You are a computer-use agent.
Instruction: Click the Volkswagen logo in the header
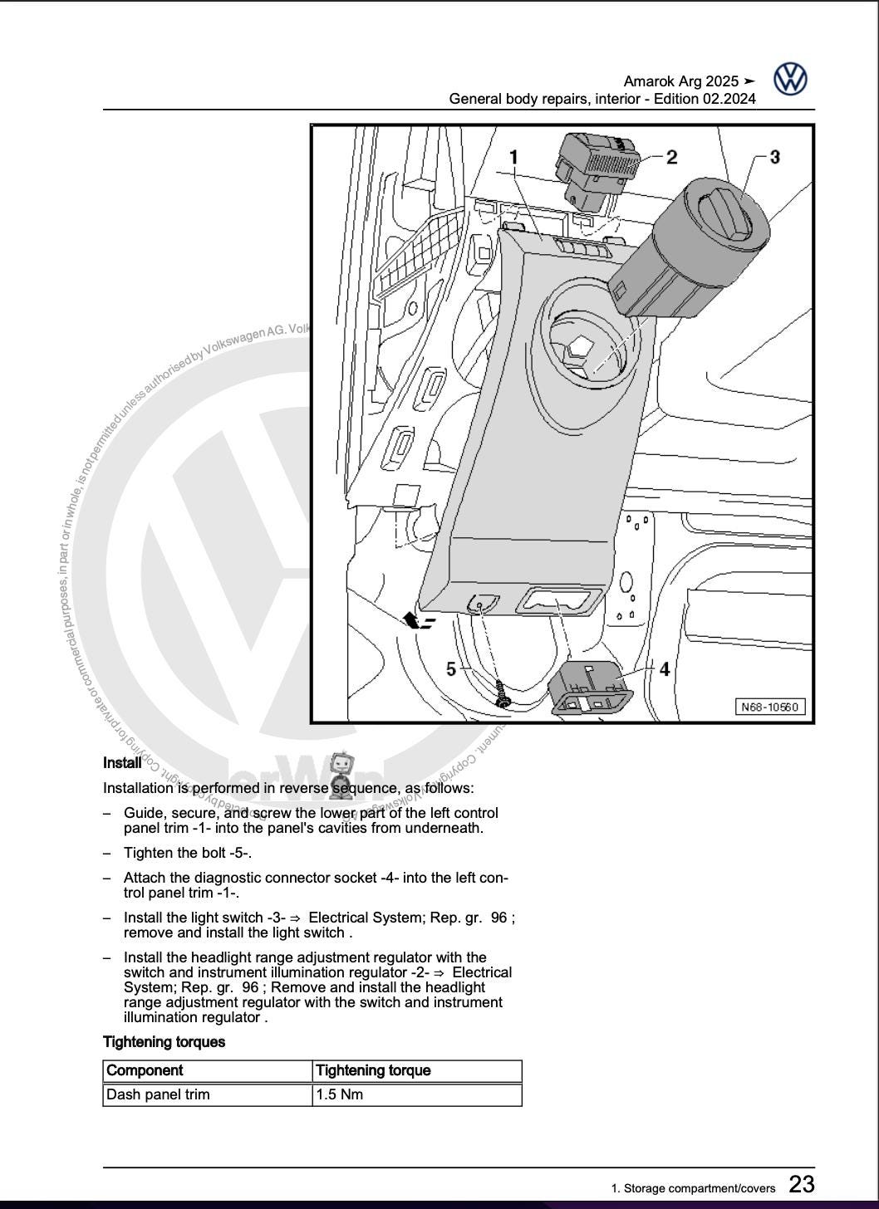790,80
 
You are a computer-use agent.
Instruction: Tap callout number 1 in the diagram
513,156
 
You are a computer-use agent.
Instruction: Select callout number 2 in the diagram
671,156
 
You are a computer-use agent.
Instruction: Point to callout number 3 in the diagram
774,156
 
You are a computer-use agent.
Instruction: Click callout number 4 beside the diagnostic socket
664,668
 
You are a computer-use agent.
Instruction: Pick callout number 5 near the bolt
451,668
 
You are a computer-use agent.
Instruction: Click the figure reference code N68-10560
770,707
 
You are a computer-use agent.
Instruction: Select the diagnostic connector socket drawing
590,688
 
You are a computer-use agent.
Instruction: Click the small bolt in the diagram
503,696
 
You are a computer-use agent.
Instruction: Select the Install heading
122,762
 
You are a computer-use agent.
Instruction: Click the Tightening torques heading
164,1041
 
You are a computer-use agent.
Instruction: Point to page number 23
801,1184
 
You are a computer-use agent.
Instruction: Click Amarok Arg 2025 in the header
681,81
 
